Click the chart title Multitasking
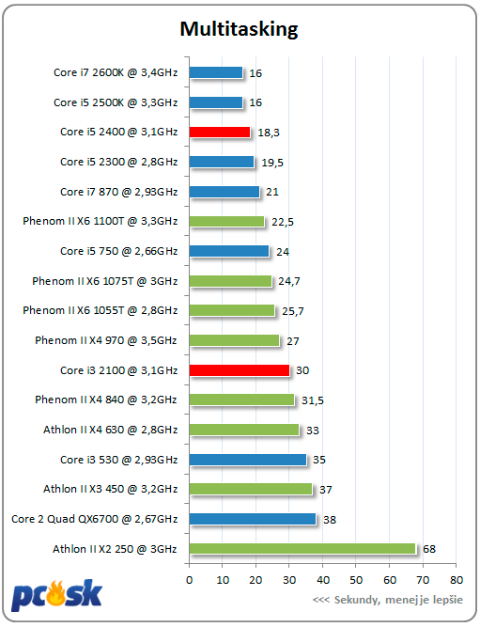tap(239, 29)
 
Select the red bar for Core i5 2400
tap(220, 132)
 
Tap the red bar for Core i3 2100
tap(240, 370)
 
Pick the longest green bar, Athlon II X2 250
tap(302, 549)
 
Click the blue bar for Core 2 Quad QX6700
tap(253, 519)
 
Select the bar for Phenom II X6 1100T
tap(227, 222)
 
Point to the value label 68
tap(429, 549)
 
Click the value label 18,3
tap(269, 133)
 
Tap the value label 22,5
tap(283, 222)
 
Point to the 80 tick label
tap(457, 580)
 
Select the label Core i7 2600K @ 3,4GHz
tap(116, 72)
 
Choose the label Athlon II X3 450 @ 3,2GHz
tap(110, 489)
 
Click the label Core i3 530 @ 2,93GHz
tap(118, 460)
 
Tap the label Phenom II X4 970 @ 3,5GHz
tap(106, 340)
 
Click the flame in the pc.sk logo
tap(56, 592)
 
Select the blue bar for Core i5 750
tap(229, 251)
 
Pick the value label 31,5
tap(313, 400)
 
